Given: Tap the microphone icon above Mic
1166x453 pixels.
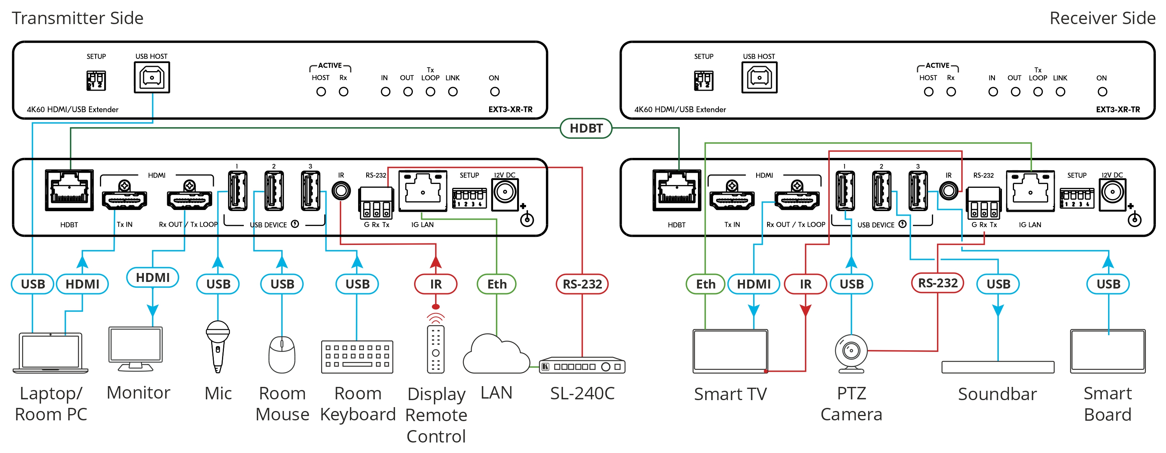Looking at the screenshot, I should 218,346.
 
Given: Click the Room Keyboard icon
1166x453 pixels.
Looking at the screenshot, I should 357,357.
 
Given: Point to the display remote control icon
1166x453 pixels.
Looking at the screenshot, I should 435,349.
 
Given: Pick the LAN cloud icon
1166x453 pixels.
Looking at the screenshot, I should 496,355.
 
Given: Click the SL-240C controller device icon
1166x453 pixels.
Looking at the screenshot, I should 582,366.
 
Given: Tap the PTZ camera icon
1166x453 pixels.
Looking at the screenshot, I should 851,353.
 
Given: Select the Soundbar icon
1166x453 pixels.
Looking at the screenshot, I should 998,367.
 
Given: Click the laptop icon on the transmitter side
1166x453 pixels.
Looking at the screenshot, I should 51,353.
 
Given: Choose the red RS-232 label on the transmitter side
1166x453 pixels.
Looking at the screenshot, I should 582,284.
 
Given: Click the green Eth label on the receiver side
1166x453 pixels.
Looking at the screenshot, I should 705,284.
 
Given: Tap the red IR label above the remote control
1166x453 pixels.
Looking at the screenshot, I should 435,284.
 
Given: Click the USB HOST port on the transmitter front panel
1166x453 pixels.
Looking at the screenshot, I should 152,77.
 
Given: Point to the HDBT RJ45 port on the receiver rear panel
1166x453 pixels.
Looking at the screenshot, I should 677,191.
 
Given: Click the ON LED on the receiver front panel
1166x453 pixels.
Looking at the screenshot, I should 1102,92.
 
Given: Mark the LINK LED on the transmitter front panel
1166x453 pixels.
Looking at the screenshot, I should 453,92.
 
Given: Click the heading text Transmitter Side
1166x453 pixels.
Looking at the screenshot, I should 77,18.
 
